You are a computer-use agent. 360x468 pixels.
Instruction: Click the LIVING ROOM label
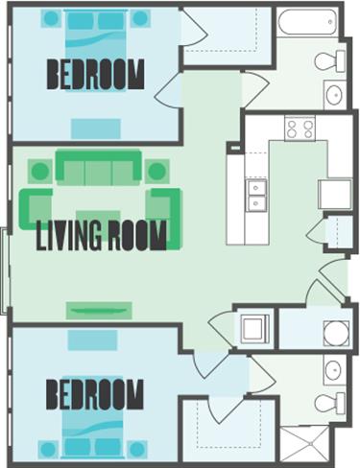click(x=101, y=235)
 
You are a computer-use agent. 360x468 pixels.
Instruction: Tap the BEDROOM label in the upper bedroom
click(x=96, y=74)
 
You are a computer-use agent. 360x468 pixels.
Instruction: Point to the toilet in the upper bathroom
click(x=329, y=60)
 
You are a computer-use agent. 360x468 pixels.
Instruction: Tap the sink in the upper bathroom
click(x=334, y=94)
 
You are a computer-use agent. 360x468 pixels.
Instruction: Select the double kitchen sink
click(x=256, y=196)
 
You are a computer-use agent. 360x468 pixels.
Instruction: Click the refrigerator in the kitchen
click(x=335, y=193)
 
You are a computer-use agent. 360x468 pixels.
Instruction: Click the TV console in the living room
click(x=98, y=310)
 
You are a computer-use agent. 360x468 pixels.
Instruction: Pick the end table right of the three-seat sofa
click(x=157, y=172)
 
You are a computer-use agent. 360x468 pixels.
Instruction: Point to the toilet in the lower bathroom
click(x=329, y=401)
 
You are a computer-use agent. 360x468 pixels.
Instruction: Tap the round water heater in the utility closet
click(x=335, y=332)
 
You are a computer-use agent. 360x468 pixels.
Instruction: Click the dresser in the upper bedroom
click(x=96, y=128)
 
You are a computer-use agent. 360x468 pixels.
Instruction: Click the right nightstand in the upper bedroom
click(x=141, y=18)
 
